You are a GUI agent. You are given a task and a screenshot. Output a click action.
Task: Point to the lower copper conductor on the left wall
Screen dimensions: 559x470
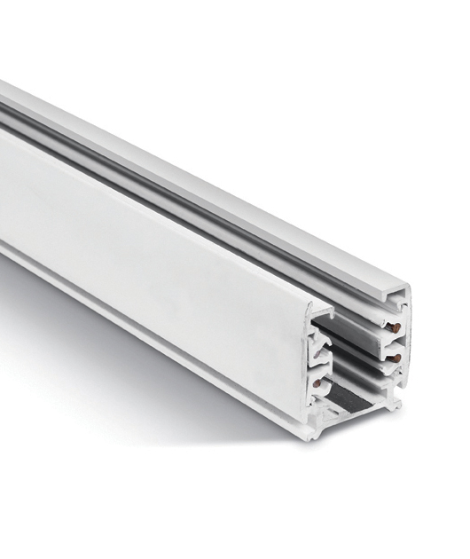pyautogui.click(x=317, y=384)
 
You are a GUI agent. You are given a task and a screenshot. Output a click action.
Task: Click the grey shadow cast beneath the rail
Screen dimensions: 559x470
pyautogui.click(x=133, y=373)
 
